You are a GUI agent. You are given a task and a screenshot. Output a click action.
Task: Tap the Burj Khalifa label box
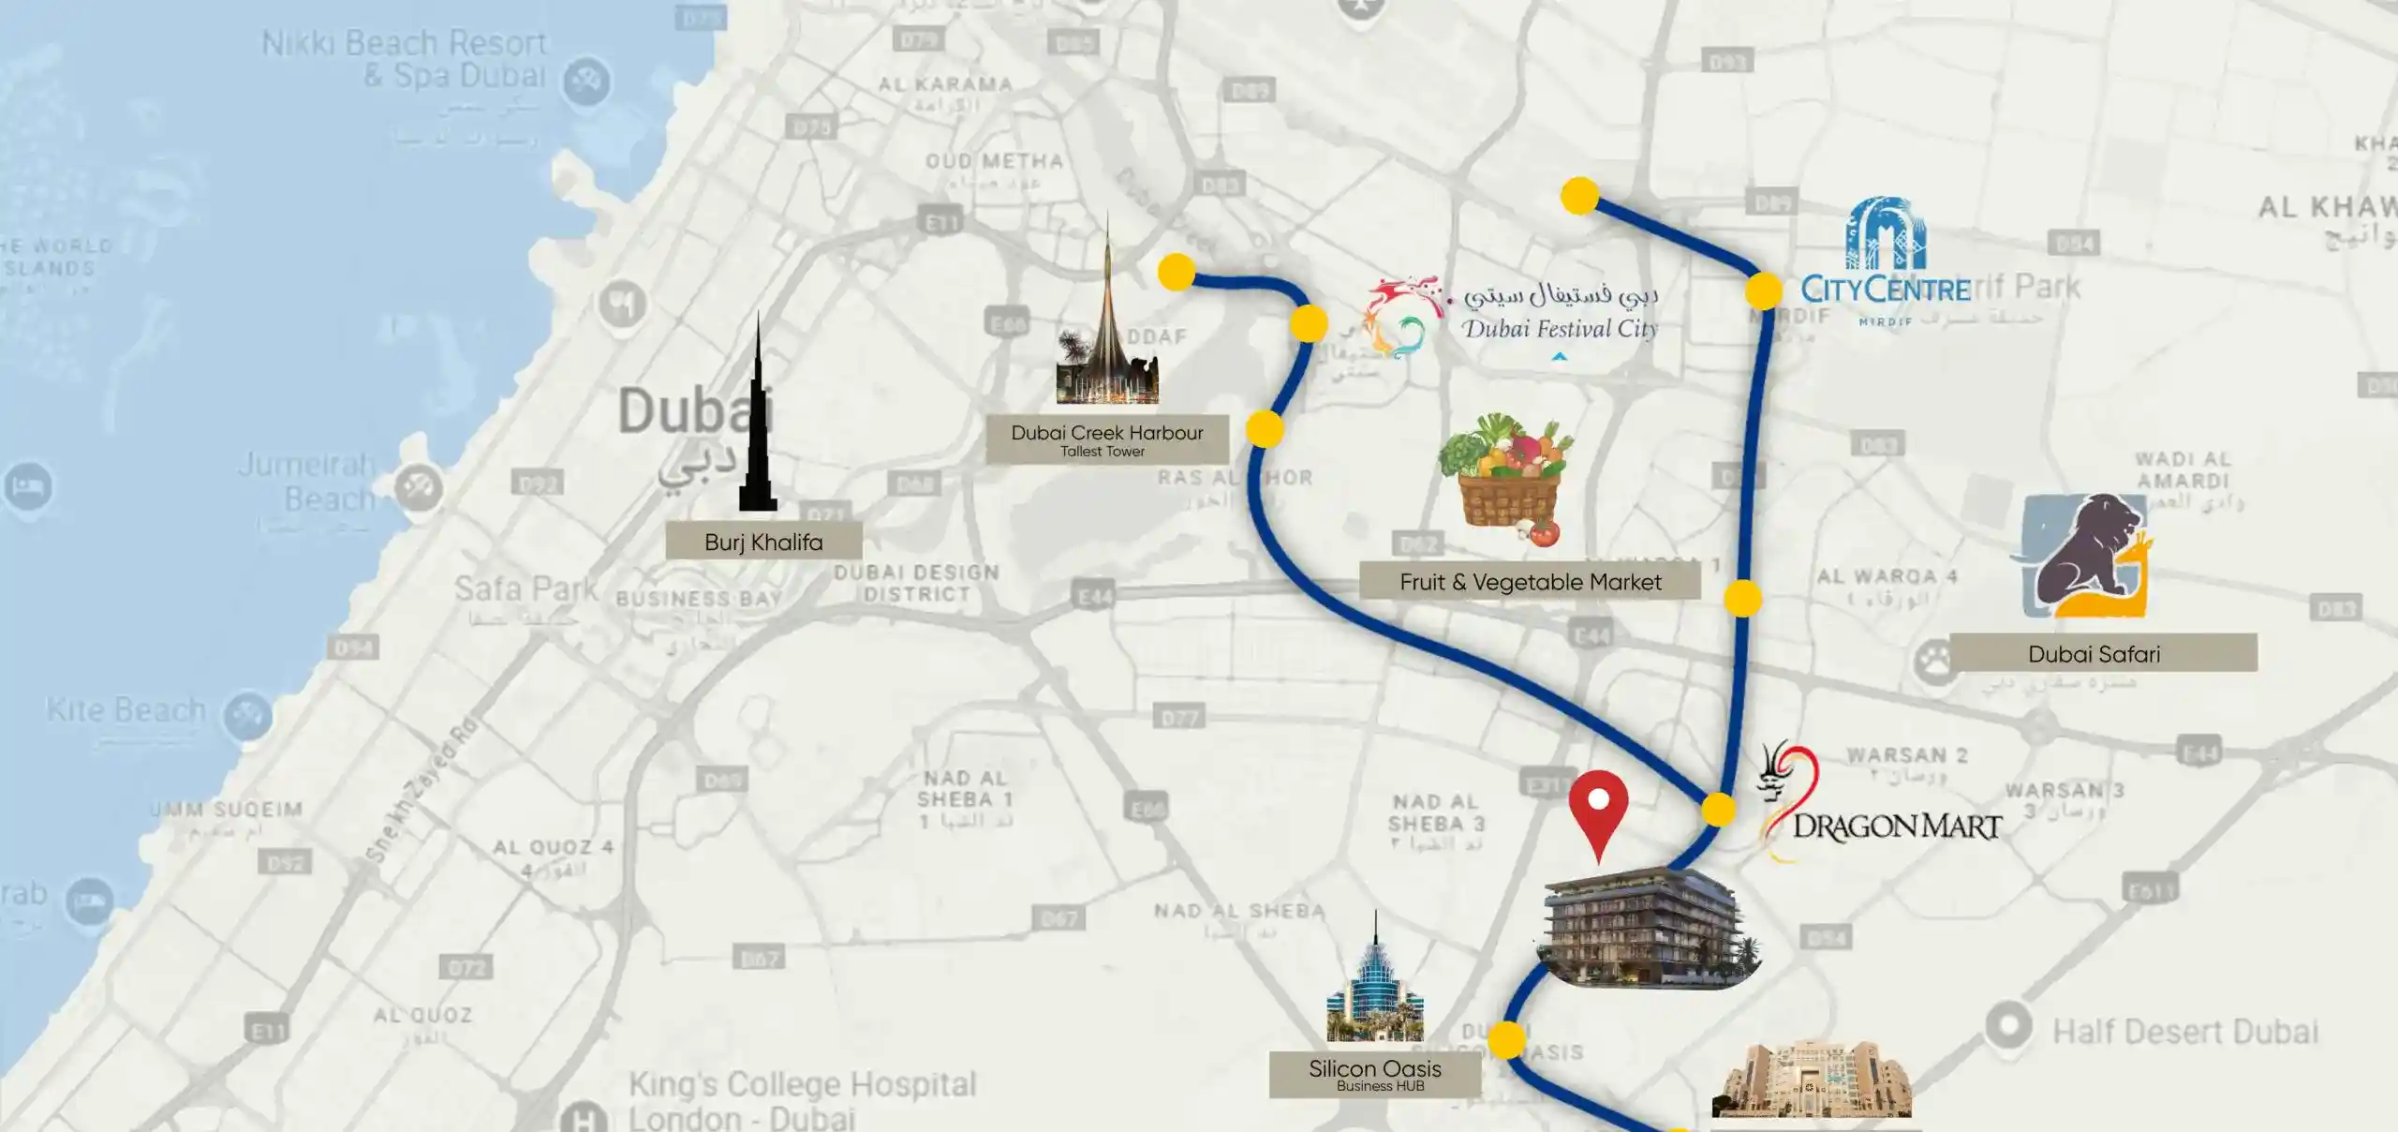[763, 542]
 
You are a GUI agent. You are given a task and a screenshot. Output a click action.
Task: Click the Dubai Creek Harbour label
[1106, 439]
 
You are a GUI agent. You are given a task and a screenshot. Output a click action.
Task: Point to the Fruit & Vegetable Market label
[1530, 582]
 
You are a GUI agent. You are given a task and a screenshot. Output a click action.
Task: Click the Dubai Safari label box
[2094, 653]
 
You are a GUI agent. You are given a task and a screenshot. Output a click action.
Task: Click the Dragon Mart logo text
[1896, 827]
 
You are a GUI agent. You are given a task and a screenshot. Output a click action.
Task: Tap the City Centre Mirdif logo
[1885, 262]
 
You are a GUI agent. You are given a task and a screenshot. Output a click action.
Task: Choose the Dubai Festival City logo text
[1560, 328]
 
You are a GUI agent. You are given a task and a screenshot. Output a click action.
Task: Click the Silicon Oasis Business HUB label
[1374, 1074]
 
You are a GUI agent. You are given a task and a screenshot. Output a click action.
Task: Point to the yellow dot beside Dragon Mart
[1718, 810]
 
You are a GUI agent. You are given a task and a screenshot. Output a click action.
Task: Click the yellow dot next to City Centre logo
[1763, 290]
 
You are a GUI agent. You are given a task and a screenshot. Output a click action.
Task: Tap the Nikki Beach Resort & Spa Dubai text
[405, 58]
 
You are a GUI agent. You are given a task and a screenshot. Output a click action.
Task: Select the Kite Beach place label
[126, 710]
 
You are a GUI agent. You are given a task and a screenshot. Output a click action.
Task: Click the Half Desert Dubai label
[2184, 1032]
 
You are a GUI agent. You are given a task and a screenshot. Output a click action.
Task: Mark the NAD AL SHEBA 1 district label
[966, 799]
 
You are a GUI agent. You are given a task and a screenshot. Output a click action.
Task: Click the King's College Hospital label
[802, 1098]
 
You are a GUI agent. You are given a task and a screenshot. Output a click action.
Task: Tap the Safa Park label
[525, 589]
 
